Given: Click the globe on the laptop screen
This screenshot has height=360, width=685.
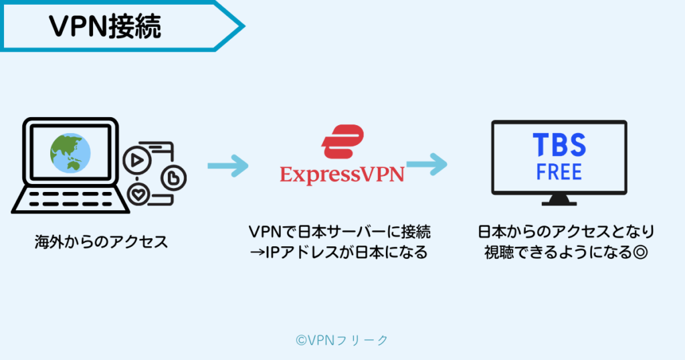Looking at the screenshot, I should (70, 152).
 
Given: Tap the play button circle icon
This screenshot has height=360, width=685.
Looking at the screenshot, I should (135, 160).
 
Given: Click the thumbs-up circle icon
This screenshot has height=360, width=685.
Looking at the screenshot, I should (174, 178).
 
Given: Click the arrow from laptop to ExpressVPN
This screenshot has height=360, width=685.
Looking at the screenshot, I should (227, 166).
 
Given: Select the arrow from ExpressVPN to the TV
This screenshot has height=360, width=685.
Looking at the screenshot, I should (426, 163).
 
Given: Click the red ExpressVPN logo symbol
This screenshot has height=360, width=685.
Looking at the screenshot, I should (342, 142).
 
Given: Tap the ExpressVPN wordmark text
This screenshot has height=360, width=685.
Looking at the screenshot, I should (342, 175).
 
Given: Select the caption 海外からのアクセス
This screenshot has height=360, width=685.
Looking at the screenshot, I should (101, 242).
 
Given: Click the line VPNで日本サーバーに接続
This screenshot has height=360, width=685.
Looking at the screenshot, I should (340, 232).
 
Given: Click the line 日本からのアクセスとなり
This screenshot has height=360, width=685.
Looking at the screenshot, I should (566, 232).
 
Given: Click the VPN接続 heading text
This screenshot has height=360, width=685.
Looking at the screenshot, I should (104, 27).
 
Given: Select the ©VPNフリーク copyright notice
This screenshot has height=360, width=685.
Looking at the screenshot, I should (342, 340).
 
